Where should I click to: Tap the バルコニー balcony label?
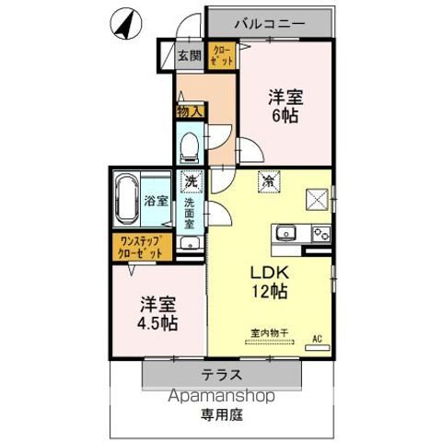coord(268,19)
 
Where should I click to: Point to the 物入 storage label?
coord(184,110)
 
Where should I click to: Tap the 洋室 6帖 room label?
coord(286,105)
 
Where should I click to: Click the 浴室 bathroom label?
coord(155,200)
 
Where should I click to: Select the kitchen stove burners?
coord(320,232)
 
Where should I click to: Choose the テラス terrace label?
coord(222,374)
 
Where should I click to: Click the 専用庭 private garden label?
coord(221,415)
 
